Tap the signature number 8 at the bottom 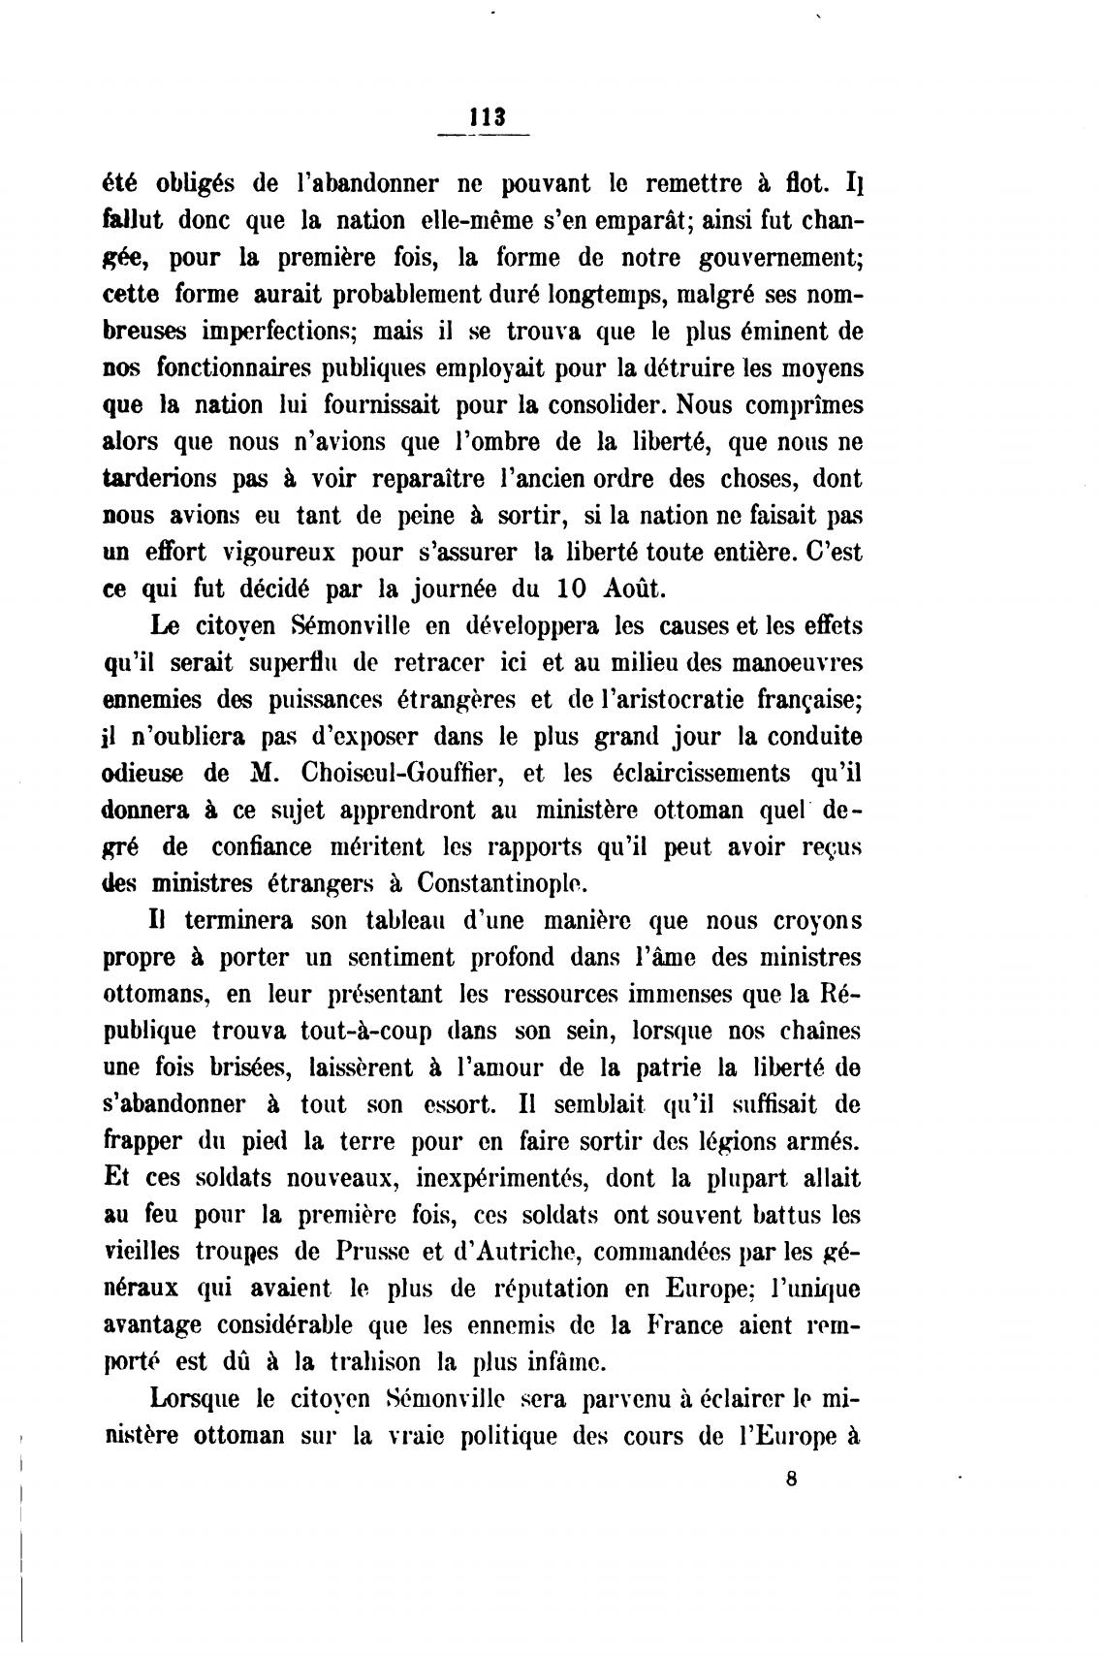coord(792,1480)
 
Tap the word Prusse coord(363,1252)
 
